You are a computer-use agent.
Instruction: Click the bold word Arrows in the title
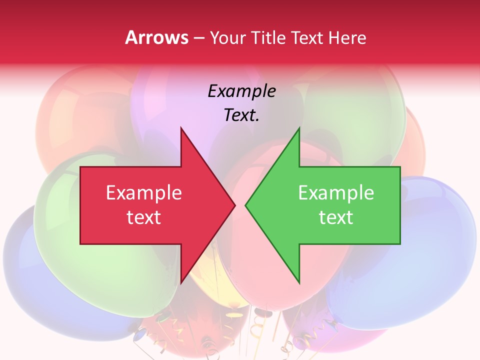pyautogui.click(x=157, y=37)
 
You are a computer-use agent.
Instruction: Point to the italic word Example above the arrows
pyautogui.click(x=241, y=91)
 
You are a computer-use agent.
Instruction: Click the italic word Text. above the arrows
pyautogui.click(x=241, y=115)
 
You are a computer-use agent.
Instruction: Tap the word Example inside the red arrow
pyautogui.click(x=144, y=193)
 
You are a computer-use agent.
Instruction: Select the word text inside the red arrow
pyautogui.click(x=144, y=217)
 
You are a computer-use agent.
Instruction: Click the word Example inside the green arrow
pyautogui.click(x=336, y=193)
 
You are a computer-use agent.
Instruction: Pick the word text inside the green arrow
pyautogui.click(x=336, y=217)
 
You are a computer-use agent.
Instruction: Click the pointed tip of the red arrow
pyautogui.click(x=234, y=204)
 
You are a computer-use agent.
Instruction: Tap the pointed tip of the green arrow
pyautogui.click(x=246, y=204)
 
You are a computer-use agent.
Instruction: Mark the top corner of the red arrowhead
pyautogui.click(x=181, y=128)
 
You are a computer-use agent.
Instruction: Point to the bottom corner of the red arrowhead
pyautogui.click(x=181, y=282)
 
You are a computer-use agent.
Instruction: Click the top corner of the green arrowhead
pyautogui.click(x=299, y=128)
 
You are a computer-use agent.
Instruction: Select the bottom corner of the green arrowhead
pyautogui.click(x=299, y=282)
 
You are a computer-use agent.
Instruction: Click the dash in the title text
pyautogui.click(x=198, y=38)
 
